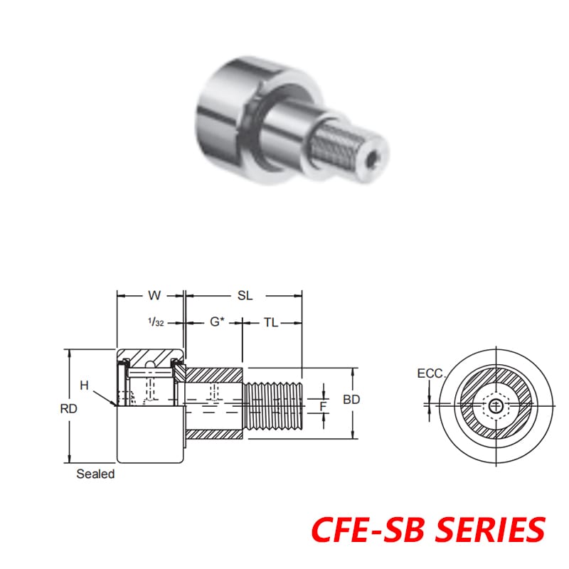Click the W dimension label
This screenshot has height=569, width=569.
pyautogui.click(x=153, y=294)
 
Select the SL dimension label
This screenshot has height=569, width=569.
pyautogui.click(x=245, y=294)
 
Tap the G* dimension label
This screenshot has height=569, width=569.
pyautogui.click(x=217, y=322)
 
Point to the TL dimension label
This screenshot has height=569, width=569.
pyautogui.click(x=270, y=322)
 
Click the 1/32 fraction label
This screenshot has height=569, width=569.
pyautogui.click(x=156, y=322)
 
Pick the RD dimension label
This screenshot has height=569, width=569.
pyautogui.click(x=69, y=408)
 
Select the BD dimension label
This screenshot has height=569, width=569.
pyautogui.click(x=351, y=400)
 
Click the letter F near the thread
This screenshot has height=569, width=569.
pyautogui.click(x=323, y=407)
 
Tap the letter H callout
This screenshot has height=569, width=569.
pyautogui.click(x=84, y=385)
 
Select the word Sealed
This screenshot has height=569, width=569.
pyautogui.click(x=95, y=474)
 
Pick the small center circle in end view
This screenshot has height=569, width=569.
pyautogui.click(x=495, y=405)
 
